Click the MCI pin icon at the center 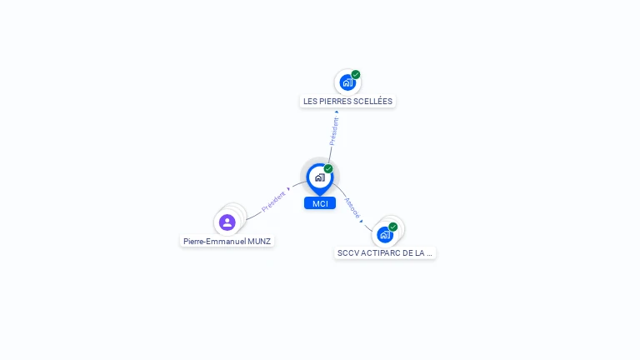[319, 177]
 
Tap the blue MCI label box [320, 203]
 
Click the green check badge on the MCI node [328, 169]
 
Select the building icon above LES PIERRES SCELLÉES [347, 82]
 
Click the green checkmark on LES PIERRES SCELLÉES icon [356, 75]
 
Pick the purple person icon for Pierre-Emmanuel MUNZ [227, 222]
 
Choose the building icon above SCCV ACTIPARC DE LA [384, 234]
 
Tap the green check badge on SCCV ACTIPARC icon [392, 227]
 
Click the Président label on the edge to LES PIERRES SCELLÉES [333, 132]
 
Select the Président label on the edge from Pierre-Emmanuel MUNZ [273, 202]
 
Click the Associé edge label [352, 207]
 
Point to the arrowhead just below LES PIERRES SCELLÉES [337, 112]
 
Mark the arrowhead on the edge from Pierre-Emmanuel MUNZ [289, 188]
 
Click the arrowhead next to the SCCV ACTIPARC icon [362, 221]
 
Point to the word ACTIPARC [381, 252]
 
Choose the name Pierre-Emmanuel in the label [210, 242]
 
